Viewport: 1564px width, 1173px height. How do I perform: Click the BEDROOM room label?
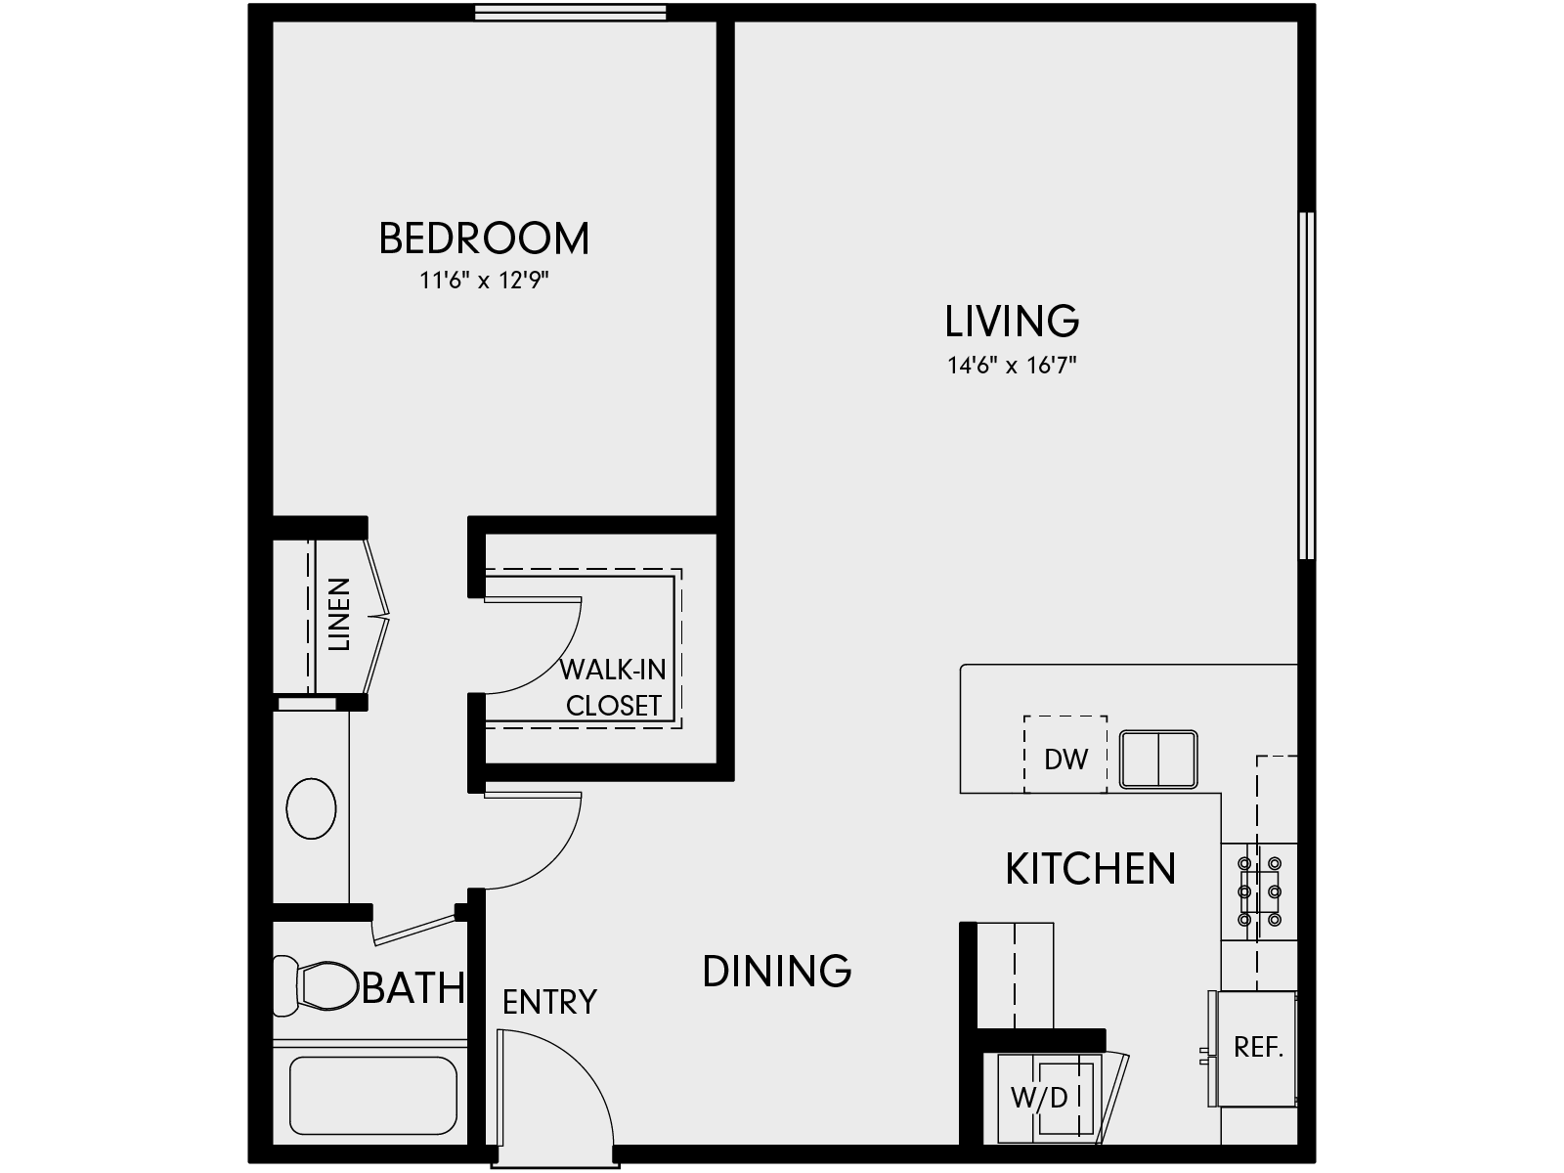pyautogui.click(x=484, y=239)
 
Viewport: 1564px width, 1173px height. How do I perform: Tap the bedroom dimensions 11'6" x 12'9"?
pyautogui.click(x=484, y=282)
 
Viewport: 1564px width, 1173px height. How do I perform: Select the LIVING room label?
pyautogui.click(x=1012, y=321)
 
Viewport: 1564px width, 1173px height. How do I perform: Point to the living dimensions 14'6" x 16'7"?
pyautogui.click(x=1012, y=366)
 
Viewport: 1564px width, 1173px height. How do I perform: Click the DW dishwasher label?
pyautogui.click(x=1065, y=760)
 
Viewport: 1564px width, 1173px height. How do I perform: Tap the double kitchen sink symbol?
pyautogui.click(x=1158, y=759)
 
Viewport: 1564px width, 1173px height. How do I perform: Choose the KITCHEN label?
pyautogui.click(x=1090, y=869)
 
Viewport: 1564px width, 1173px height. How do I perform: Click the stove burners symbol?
pyautogui.click(x=1259, y=891)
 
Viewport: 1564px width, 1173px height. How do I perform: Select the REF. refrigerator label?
pyautogui.click(x=1258, y=1047)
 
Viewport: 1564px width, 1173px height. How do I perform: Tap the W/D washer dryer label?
pyautogui.click(x=1039, y=1098)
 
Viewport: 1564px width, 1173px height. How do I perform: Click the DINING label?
pyautogui.click(x=777, y=971)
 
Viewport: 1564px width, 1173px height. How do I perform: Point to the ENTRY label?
pyautogui.click(x=549, y=1002)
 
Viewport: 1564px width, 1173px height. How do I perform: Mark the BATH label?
pyautogui.click(x=413, y=988)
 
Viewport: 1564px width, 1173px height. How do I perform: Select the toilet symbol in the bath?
pyautogui.click(x=318, y=985)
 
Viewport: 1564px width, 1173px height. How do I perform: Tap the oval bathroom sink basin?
pyautogui.click(x=311, y=808)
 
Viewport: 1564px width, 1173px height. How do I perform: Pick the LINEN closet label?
pyautogui.click(x=338, y=615)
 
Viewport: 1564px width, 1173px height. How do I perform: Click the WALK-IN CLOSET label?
pyautogui.click(x=614, y=687)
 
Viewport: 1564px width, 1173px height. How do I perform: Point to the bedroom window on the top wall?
pyautogui.click(x=571, y=12)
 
